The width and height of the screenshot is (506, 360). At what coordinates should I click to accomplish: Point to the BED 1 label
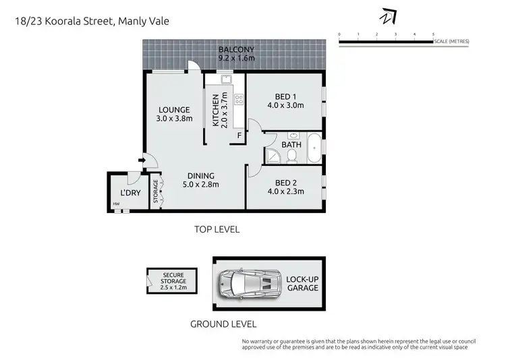click(286, 100)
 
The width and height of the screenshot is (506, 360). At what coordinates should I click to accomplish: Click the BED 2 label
click(286, 187)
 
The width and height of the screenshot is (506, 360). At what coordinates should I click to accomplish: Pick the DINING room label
click(201, 180)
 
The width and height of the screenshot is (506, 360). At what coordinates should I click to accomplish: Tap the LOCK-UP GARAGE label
click(302, 283)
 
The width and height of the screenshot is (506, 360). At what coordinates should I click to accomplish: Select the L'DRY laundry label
click(123, 191)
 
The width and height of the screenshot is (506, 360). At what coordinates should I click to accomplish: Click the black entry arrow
click(140, 160)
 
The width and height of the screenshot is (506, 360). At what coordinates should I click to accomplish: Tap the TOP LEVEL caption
click(217, 229)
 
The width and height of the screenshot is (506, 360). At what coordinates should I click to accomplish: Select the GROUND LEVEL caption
click(217, 324)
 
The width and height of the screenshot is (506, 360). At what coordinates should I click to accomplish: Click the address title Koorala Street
click(92, 21)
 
